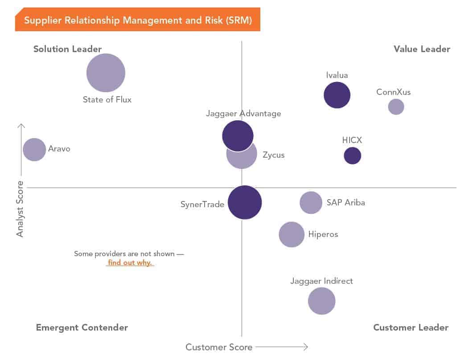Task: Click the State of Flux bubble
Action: pos(106,73)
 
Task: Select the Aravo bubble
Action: pos(34,149)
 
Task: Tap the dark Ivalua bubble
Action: pos(337,95)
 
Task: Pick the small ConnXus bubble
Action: pos(396,106)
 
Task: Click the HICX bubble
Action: pos(352,155)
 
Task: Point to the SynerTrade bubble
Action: pos(245,202)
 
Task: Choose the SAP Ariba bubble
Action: pos(311,203)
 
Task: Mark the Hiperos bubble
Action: pos(292,234)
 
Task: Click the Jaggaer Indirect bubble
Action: pos(321,301)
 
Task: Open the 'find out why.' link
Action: pos(130,262)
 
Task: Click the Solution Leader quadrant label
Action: pos(68,49)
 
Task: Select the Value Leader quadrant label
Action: pos(422,49)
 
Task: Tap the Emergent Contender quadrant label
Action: pos(82,327)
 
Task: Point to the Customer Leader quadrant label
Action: pos(411,327)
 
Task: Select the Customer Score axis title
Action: pos(219,347)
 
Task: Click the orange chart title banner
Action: pos(138,20)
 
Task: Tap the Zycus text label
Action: pos(273,155)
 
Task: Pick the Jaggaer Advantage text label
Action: pos(243,114)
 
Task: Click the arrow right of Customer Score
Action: pos(282,347)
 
